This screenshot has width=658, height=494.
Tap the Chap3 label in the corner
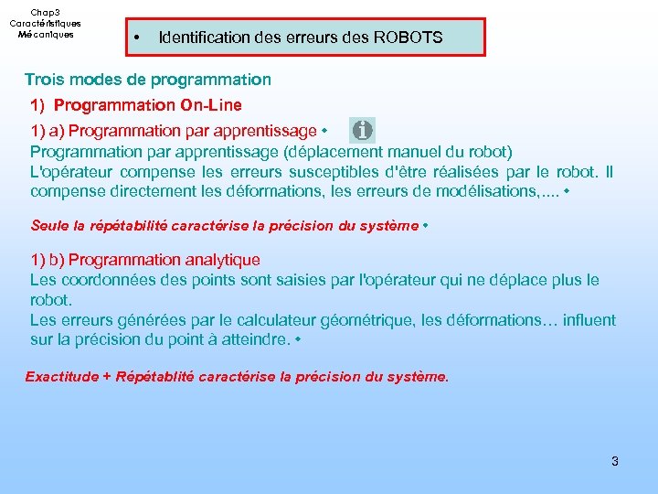click(45, 12)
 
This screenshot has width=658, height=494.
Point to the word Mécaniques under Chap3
click(45, 34)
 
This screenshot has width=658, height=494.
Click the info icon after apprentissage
click(363, 130)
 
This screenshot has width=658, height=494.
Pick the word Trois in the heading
click(44, 80)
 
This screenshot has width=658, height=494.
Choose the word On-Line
click(211, 105)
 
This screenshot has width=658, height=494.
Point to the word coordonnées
click(105, 280)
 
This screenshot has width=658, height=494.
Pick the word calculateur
click(260, 320)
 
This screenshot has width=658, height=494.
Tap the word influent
click(588, 320)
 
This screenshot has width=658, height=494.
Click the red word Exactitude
click(61, 376)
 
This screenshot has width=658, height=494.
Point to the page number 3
click(614, 461)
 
